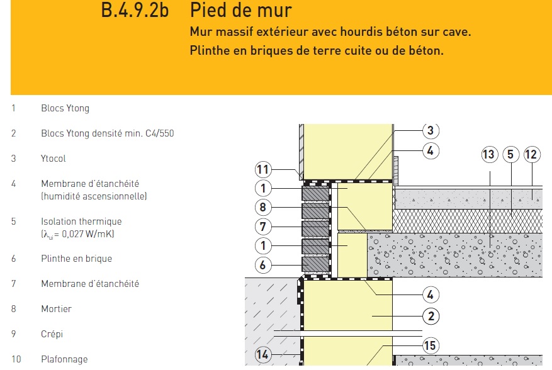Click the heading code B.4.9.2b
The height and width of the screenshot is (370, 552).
(x=135, y=10)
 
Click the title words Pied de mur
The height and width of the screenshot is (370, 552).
(x=241, y=10)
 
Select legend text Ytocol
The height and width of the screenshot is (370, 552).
(x=53, y=159)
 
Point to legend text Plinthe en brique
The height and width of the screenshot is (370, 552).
(x=76, y=259)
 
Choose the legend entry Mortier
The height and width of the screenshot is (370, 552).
(x=56, y=309)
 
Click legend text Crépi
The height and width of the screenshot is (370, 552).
(x=52, y=334)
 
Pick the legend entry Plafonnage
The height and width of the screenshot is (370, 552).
(x=64, y=359)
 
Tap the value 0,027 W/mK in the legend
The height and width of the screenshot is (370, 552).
(x=87, y=233)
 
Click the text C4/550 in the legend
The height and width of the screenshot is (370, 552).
(x=159, y=133)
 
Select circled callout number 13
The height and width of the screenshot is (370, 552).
(x=489, y=154)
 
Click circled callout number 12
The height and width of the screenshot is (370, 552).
(x=532, y=154)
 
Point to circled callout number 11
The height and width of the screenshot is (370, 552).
(x=263, y=170)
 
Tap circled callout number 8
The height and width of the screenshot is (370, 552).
(x=263, y=207)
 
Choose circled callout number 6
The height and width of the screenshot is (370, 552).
(x=263, y=265)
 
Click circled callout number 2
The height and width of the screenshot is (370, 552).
(x=431, y=316)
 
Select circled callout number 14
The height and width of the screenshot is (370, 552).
(x=262, y=354)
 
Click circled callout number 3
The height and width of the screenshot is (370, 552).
(x=431, y=130)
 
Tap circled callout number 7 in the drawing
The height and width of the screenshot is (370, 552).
(x=263, y=227)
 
